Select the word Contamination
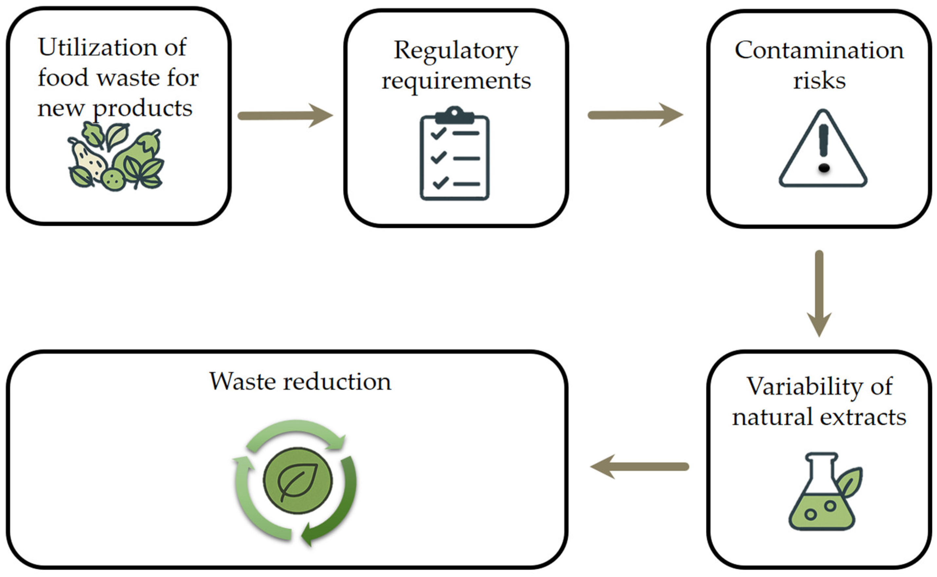tap(819, 50)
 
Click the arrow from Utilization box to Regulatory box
tap(285, 115)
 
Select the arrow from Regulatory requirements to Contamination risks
tap(635, 114)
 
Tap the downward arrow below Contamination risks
tap(819, 293)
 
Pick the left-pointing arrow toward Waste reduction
tap(639, 466)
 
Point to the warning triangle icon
tap(823, 149)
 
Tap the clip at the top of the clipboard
tap(454, 115)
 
